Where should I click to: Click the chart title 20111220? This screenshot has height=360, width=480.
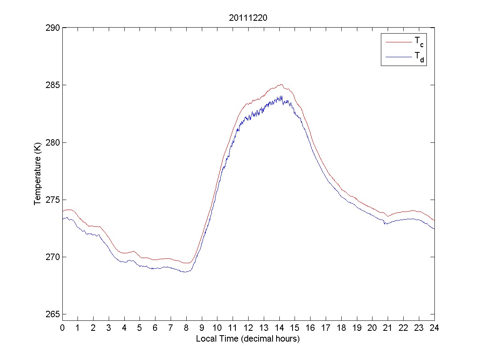248,18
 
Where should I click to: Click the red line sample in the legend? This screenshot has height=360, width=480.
398,42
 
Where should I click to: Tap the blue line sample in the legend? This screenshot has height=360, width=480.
398,57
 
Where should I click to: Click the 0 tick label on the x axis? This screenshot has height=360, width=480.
62,328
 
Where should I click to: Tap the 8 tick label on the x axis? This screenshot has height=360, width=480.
186,328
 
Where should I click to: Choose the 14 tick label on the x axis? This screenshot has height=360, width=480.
279,328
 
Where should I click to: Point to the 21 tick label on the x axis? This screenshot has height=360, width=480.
388,328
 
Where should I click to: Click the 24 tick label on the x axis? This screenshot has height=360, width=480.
434,328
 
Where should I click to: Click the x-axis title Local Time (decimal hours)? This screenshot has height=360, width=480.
248,339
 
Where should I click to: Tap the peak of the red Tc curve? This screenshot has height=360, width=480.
281,84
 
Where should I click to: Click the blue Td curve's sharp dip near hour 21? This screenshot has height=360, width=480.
385,224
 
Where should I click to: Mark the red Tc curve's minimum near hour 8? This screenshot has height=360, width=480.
187,263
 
